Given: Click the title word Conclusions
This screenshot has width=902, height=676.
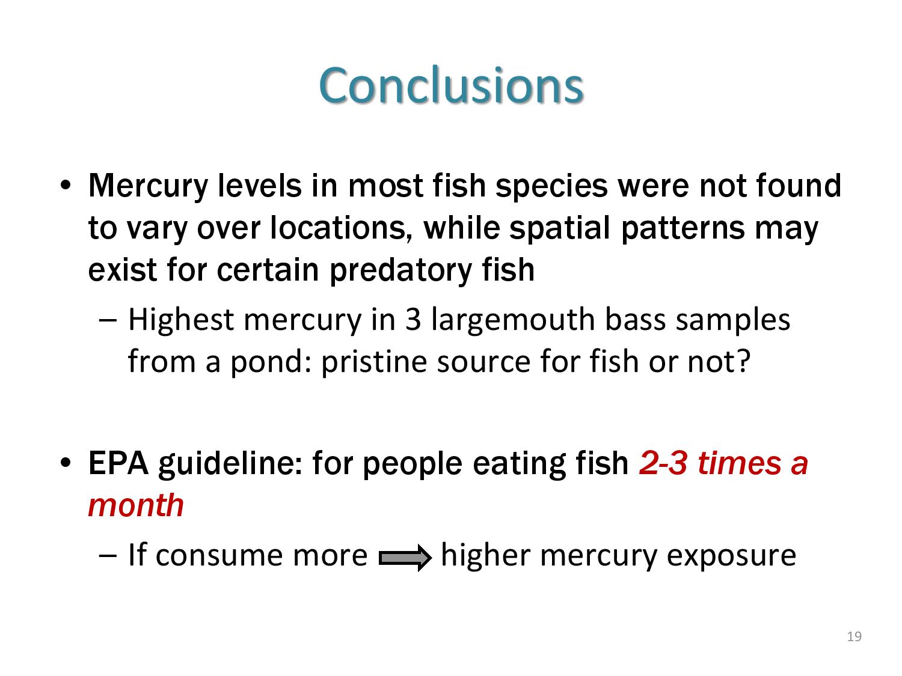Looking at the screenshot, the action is point(451,85).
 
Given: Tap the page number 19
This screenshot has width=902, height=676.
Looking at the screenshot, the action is point(854,636).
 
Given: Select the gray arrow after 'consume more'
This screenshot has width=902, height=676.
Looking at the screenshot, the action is point(405,558).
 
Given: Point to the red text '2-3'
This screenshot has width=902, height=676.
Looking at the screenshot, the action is point(663,463).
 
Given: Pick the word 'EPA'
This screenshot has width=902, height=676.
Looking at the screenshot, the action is point(118,463).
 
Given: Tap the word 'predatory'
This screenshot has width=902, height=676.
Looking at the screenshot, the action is point(400,271).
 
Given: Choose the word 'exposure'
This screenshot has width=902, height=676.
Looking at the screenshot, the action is point(731,556).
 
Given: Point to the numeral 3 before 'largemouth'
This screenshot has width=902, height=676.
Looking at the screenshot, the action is point(413,320).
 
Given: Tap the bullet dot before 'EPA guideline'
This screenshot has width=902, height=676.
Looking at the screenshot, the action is point(66,463).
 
